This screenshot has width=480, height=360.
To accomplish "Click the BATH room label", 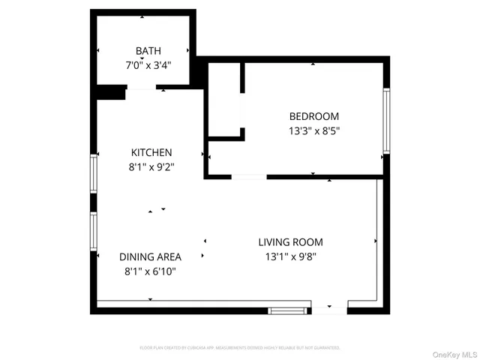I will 148,51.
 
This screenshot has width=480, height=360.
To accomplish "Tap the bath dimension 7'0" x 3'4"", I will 148,64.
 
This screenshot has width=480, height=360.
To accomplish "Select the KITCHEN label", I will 151,152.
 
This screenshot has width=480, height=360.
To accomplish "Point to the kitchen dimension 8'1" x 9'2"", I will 151,166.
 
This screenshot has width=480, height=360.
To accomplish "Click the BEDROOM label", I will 313,116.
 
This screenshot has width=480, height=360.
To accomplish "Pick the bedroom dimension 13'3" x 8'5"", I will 313,130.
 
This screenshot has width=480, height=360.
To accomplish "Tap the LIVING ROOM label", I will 290,242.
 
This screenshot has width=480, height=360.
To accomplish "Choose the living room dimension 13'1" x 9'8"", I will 290,256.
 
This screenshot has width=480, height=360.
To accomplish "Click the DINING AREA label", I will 151,256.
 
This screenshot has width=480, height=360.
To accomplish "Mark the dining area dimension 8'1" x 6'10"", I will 151,271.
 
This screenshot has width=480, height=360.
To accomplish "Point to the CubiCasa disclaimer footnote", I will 240,348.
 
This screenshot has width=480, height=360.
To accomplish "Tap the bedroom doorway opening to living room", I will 248,177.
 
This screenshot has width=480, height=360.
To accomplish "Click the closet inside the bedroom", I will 223,101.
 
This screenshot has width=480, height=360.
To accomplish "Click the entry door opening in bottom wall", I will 329,308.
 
